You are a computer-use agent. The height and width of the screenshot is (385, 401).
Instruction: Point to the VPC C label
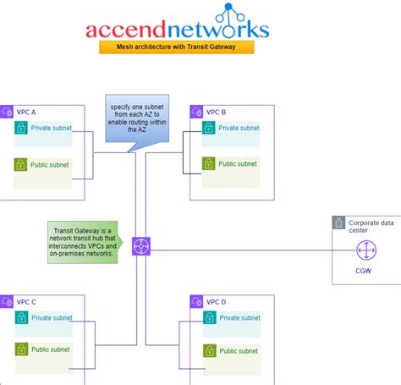click(x=29, y=302)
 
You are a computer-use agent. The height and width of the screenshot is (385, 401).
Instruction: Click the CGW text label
click(x=365, y=271)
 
